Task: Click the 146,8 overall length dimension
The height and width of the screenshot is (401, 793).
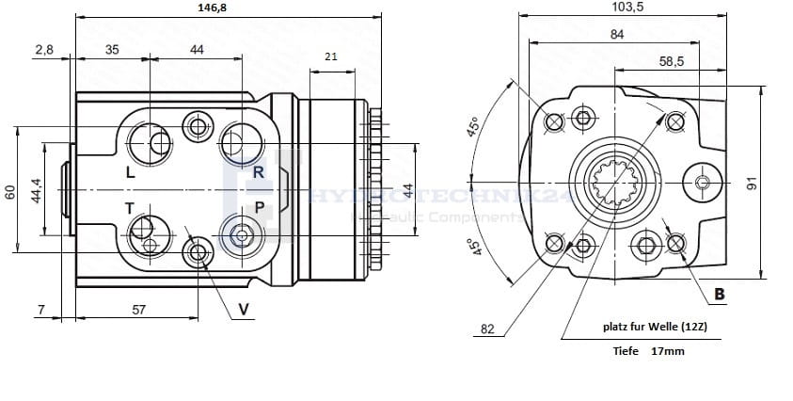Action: click(x=215, y=8)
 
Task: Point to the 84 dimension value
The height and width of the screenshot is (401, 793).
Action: click(x=616, y=35)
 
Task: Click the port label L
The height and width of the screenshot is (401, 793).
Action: click(x=130, y=173)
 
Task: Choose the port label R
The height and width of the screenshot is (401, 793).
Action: click(x=258, y=172)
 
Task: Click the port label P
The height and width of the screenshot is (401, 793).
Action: click(x=259, y=207)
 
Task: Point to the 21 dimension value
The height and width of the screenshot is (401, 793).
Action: click(x=330, y=57)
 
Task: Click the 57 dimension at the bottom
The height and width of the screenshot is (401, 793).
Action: click(x=138, y=309)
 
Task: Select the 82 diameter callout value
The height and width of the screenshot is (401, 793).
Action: click(x=487, y=329)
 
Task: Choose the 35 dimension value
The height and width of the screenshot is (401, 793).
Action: click(x=112, y=50)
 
